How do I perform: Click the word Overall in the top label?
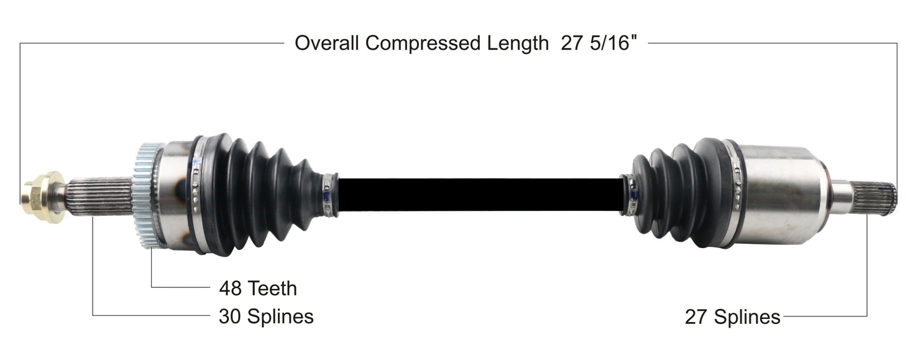[327, 43]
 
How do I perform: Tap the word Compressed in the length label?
[423, 44]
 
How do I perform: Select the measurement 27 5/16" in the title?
[599, 43]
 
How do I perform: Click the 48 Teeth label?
[258, 288]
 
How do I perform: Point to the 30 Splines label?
[266, 316]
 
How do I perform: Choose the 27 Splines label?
[732, 317]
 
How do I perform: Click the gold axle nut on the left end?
[43, 197]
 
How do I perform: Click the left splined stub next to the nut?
[101, 197]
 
